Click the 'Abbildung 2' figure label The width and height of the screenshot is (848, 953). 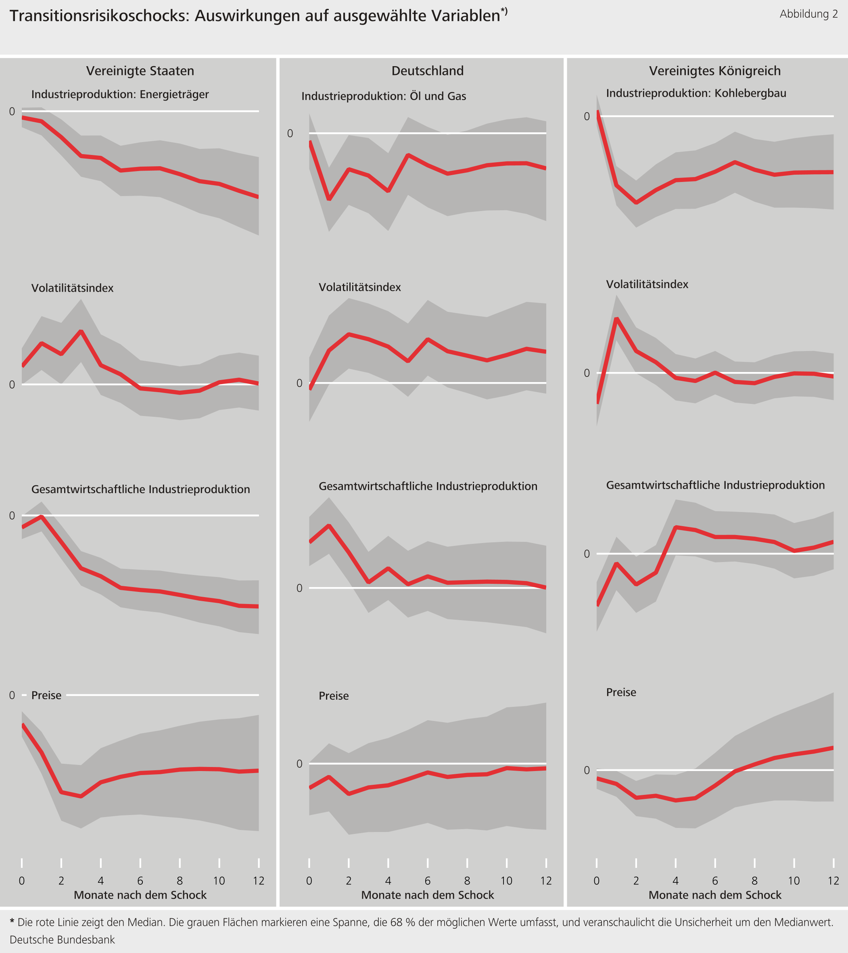(808, 14)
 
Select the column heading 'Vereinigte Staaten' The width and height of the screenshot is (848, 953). (140, 71)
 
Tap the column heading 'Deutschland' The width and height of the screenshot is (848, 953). (428, 71)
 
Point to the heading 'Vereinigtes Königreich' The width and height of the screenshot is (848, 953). (715, 71)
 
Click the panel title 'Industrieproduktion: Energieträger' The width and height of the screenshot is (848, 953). (120, 94)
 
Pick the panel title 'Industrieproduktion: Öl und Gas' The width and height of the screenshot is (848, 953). (384, 96)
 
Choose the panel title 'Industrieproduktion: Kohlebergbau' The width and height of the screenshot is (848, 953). (696, 93)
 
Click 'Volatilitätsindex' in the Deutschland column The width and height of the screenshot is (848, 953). (359, 287)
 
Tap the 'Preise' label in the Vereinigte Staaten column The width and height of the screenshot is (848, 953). (46, 695)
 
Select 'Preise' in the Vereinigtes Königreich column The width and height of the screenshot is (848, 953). (621, 692)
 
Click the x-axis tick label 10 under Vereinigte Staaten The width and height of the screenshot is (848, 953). (219, 881)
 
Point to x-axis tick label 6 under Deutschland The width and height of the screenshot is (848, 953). (428, 881)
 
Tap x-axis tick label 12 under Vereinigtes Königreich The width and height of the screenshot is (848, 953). (833, 881)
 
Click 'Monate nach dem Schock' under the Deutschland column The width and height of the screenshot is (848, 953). (428, 895)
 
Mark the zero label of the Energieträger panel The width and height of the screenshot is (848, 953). (12, 111)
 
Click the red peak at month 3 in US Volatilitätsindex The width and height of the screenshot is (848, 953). (81, 331)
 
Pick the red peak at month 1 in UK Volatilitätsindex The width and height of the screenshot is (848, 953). (617, 319)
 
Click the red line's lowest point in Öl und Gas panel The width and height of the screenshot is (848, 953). (329, 199)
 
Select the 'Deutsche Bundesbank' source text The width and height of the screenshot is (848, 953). (63, 939)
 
